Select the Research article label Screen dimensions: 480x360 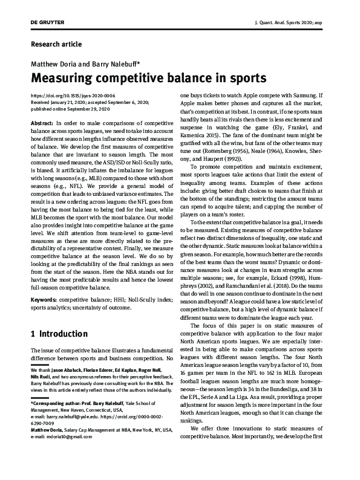point(55,44)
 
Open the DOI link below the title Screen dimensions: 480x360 point(73,96)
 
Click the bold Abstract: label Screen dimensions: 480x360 point(41,123)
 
